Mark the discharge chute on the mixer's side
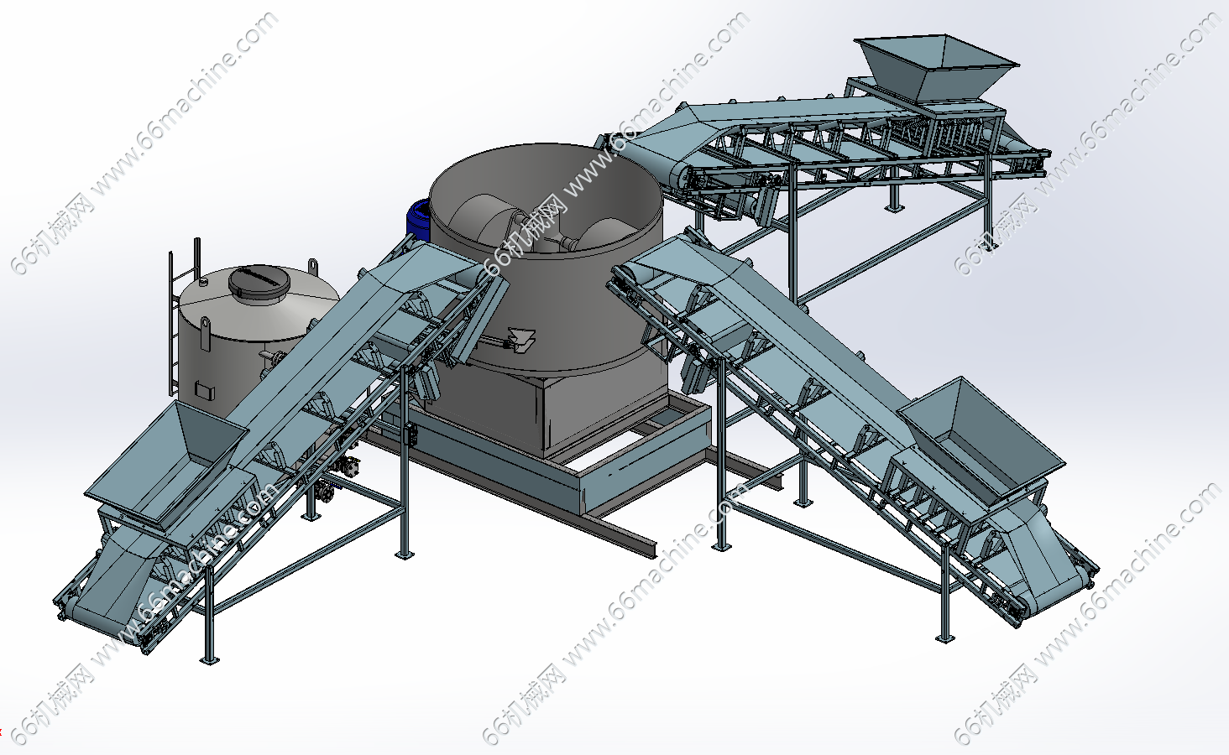tap(520, 340)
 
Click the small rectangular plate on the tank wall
tap(203, 390)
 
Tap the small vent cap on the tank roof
tap(204, 283)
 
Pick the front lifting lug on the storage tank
tap(206, 332)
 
